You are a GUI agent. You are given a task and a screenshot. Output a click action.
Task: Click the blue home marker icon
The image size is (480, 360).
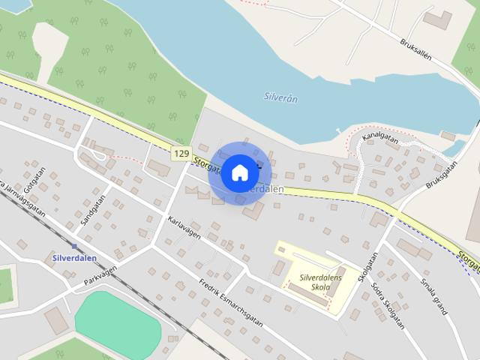coord(239,172)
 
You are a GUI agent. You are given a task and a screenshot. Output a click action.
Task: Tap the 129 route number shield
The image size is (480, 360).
coord(180,153)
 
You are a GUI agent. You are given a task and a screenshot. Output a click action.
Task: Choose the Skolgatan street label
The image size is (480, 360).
coord(367,266)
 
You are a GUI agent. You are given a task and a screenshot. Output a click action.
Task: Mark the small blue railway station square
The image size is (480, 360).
coord(74,245)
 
